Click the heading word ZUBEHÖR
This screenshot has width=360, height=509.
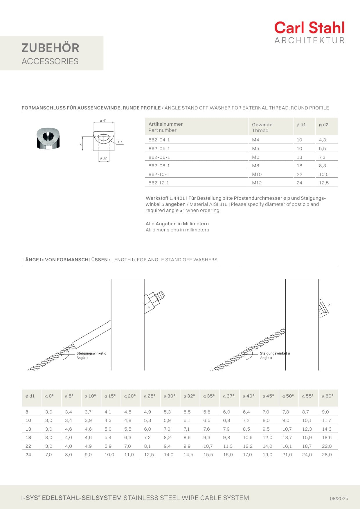[x=50, y=48]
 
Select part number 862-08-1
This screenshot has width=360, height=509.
[x=159, y=166]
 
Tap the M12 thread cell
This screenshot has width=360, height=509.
[x=257, y=183]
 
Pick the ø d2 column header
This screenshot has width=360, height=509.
[x=323, y=125]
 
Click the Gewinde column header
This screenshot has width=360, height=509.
[x=262, y=125]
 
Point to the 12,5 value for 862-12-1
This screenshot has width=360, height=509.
[x=324, y=183]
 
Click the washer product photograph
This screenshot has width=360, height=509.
[x=48, y=139]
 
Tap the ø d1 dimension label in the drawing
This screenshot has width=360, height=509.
[x=103, y=121]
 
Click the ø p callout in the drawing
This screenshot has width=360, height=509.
[x=120, y=142]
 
